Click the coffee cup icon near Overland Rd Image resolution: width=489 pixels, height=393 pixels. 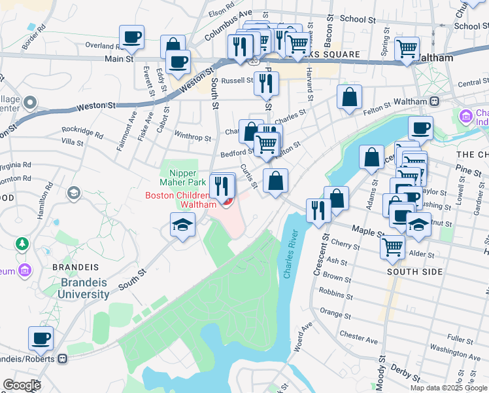(131, 37)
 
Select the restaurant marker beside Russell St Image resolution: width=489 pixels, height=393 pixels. (266, 83)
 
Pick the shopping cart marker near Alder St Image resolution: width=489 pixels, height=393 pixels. (393, 247)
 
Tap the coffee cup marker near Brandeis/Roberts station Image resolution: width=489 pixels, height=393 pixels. (41, 339)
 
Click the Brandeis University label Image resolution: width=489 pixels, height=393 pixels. (85, 289)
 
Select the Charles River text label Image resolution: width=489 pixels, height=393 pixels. (291, 254)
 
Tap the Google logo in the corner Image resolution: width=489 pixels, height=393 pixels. (22, 384)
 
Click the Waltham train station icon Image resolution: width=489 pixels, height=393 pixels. (433, 102)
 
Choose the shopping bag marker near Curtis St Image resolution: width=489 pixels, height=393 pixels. (275, 181)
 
